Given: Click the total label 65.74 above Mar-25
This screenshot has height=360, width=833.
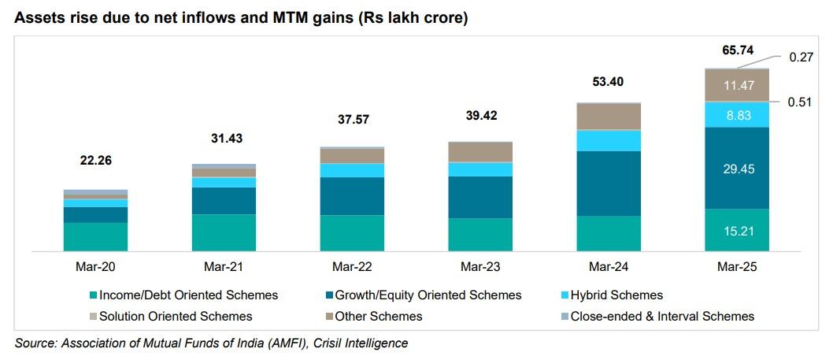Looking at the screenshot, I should coord(737,50).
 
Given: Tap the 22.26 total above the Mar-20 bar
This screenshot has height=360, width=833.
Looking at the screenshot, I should coord(95,160).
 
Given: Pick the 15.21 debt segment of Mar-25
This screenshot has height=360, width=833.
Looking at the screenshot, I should coord(737,230).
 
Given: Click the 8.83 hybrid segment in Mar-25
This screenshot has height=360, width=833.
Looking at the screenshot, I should coord(737,114).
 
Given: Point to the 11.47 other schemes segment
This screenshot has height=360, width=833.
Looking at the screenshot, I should coord(737,85).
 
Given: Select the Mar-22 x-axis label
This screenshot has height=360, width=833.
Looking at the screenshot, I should coord(352,268).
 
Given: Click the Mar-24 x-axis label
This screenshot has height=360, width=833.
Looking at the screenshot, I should coord(609,268).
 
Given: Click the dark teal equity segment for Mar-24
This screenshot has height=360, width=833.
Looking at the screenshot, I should coord(609,183).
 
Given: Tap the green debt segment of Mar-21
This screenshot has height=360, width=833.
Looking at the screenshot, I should coord(224,232).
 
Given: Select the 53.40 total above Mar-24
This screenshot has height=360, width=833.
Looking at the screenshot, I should coord(609,82).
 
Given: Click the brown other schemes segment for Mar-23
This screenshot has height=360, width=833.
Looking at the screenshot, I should coord(480,151).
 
